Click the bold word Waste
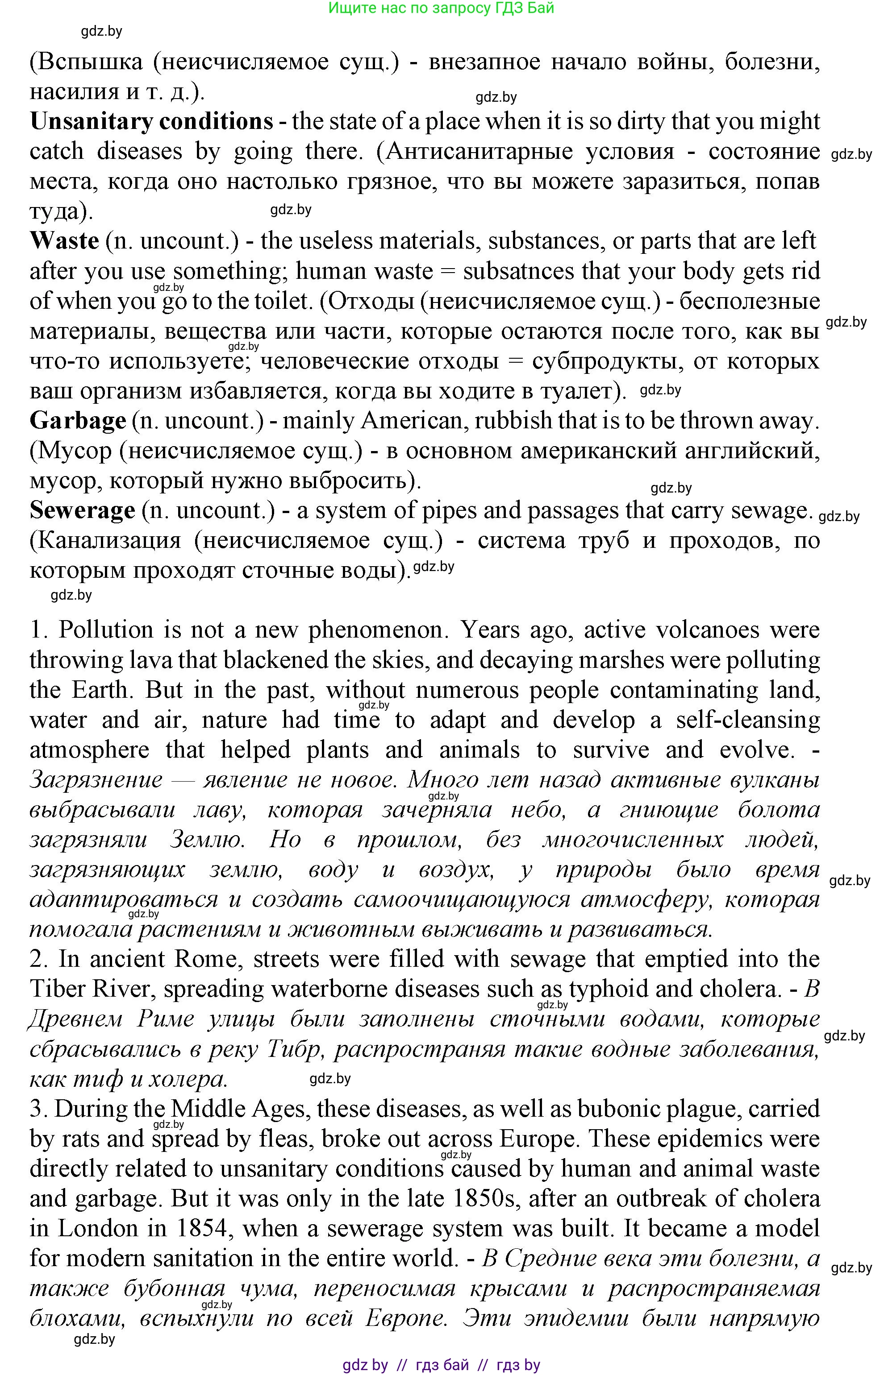pyautogui.click(x=64, y=240)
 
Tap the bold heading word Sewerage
pyautogui.click(x=82, y=510)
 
